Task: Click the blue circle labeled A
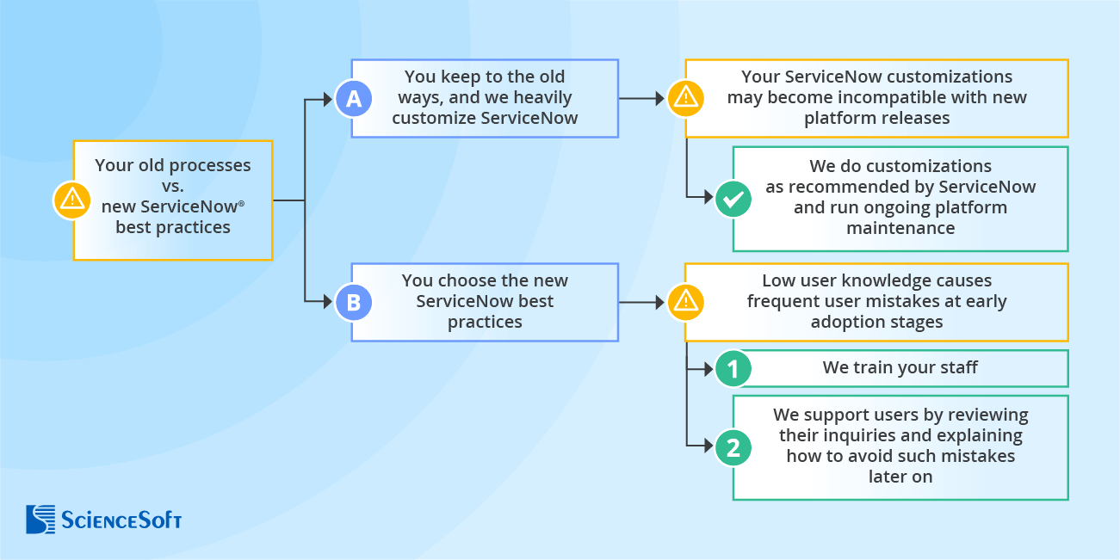(353, 99)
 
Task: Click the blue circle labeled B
(353, 302)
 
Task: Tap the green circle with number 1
(733, 369)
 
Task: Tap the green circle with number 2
(733, 447)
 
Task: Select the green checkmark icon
(733, 200)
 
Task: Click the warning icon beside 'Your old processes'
(71, 200)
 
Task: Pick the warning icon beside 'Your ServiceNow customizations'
(685, 99)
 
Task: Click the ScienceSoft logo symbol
(40, 520)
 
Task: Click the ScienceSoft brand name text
(121, 520)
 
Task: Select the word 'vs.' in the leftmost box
(173, 186)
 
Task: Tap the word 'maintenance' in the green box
(900, 228)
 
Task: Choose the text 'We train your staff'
(900, 368)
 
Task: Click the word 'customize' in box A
(430, 118)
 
